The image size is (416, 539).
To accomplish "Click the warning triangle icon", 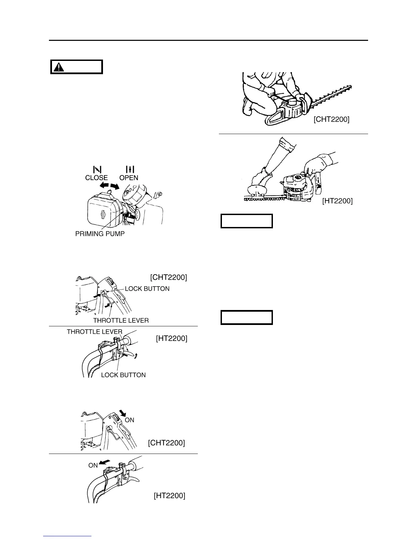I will click(60, 67).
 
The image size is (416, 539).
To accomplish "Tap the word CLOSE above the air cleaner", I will click(97, 178).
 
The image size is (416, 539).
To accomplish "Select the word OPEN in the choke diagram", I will click(129, 178).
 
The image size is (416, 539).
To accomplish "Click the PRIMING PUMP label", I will click(100, 234).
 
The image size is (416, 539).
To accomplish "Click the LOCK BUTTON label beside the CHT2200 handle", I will click(147, 289).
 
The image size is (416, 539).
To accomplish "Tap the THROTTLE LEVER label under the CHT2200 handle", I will click(121, 320).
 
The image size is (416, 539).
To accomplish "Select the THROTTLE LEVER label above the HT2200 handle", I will click(94, 331).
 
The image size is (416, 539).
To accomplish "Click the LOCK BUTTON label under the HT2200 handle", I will click(123, 375).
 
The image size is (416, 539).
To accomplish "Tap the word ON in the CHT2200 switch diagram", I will click(129, 420).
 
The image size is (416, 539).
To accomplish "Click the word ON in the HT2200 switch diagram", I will click(93, 465).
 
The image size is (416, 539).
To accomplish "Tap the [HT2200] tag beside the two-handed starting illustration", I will click(337, 201).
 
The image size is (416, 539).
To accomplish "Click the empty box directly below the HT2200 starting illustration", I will click(247, 221).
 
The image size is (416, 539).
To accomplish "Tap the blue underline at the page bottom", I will click(68, 536).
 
